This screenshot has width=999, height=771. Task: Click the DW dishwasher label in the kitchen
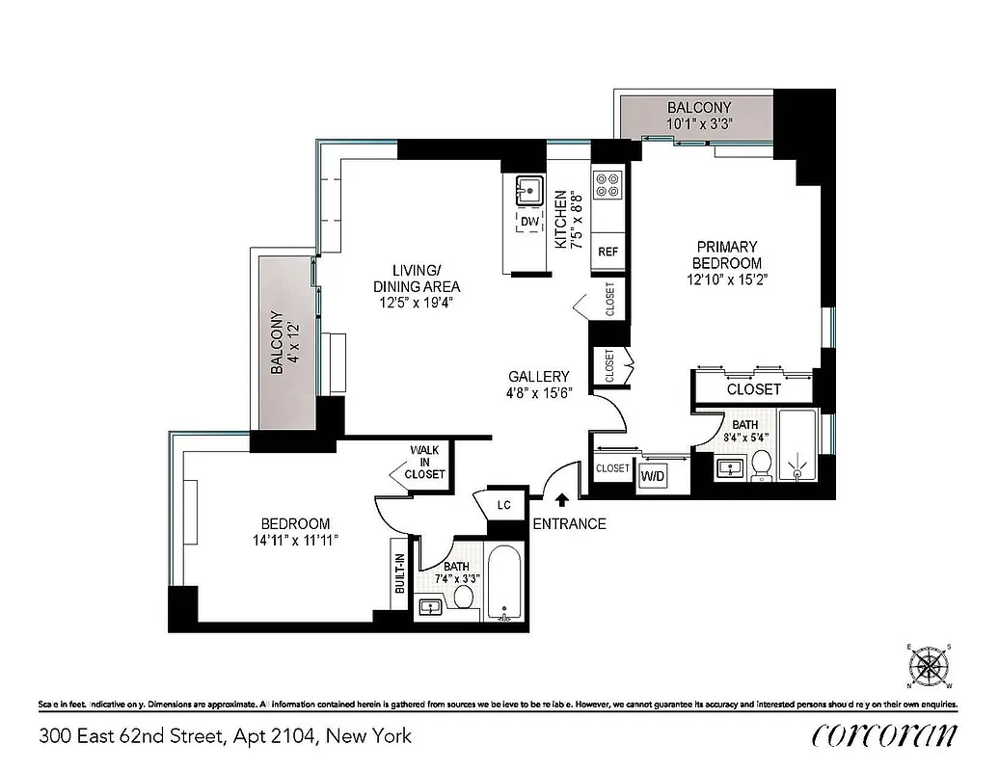(x=527, y=223)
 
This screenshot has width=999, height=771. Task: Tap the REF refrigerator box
(x=607, y=252)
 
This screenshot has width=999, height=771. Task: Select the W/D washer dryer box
(x=653, y=474)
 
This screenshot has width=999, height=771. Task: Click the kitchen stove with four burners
(x=608, y=185)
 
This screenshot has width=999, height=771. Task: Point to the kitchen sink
(x=526, y=189)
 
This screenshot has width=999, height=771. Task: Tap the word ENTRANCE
(x=570, y=524)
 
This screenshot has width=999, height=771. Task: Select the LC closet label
(x=503, y=505)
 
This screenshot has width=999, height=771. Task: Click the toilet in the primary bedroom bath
(x=761, y=465)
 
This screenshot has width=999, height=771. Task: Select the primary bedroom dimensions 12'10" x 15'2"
(x=726, y=279)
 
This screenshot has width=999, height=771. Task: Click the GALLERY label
(x=539, y=376)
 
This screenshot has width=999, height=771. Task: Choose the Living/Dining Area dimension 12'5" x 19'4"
(x=416, y=302)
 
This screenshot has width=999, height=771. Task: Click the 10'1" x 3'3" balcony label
(x=699, y=123)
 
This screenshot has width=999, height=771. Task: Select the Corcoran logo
(x=884, y=735)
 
